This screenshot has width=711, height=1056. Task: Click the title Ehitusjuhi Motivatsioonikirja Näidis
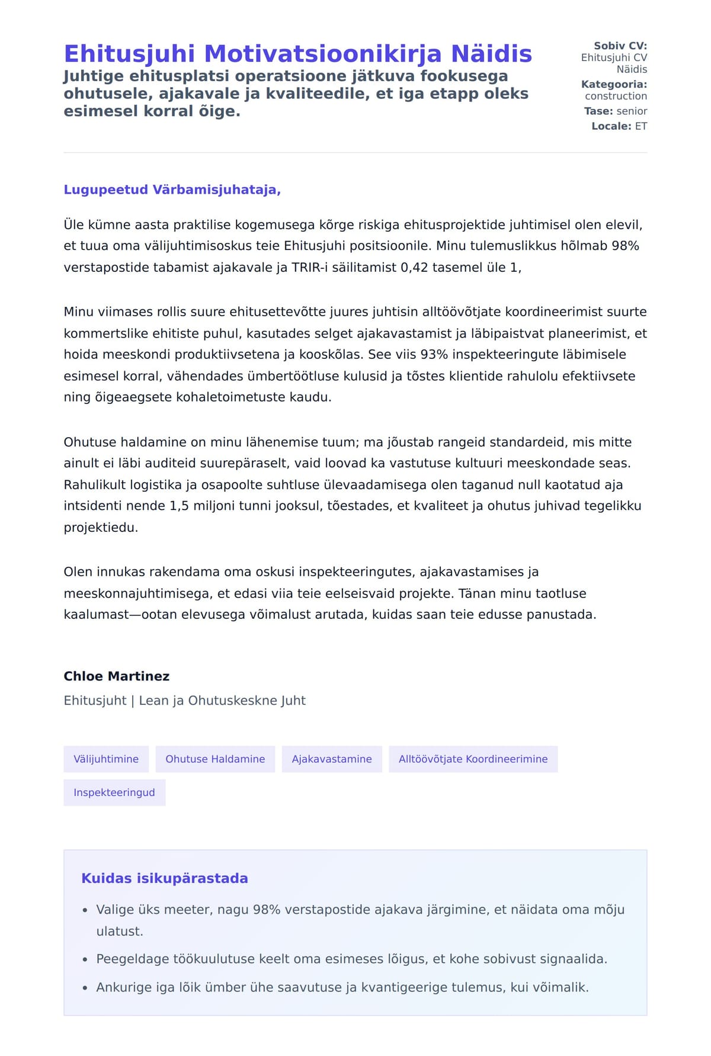click(x=297, y=54)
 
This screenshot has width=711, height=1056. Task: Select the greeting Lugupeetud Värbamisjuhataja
click(x=172, y=190)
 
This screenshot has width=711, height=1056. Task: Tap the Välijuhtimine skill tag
click(x=106, y=759)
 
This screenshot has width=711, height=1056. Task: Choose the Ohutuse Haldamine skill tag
click(x=215, y=759)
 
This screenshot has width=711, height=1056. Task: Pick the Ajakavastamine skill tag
click(x=332, y=759)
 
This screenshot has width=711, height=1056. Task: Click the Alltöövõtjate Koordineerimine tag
click(x=473, y=759)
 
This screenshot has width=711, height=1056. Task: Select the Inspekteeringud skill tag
click(x=114, y=792)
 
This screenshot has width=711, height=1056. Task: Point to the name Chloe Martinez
click(x=117, y=676)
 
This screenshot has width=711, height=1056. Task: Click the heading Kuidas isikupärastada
click(x=165, y=878)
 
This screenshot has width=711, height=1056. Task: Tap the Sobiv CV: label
click(x=620, y=46)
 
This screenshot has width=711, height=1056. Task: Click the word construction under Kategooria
click(x=616, y=96)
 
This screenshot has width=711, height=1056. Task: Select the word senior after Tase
click(x=632, y=111)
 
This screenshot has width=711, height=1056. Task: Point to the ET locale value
click(x=641, y=126)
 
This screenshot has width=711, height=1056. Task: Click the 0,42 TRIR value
click(x=413, y=268)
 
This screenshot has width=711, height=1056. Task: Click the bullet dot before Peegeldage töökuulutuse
click(x=85, y=959)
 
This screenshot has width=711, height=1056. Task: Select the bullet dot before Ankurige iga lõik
click(x=85, y=988)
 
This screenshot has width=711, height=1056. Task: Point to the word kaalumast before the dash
click(x=95, y=615)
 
